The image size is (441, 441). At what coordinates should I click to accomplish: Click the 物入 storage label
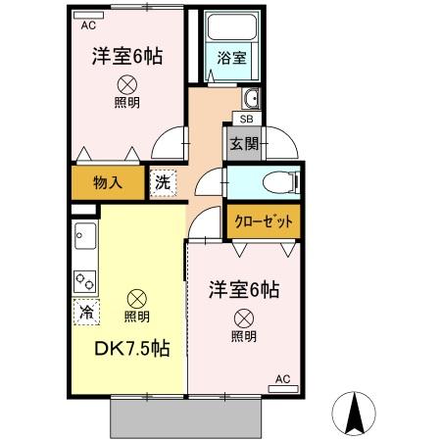click(108, 181)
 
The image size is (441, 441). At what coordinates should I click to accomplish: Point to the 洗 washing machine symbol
click(163, 181)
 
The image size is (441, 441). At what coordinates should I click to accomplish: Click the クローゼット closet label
click(262, 220)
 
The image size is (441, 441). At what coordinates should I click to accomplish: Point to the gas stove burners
click(84, 281)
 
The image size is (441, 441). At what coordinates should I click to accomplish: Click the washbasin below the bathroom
click(252, 98)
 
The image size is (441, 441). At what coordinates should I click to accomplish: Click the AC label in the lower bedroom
click(283, 378)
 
